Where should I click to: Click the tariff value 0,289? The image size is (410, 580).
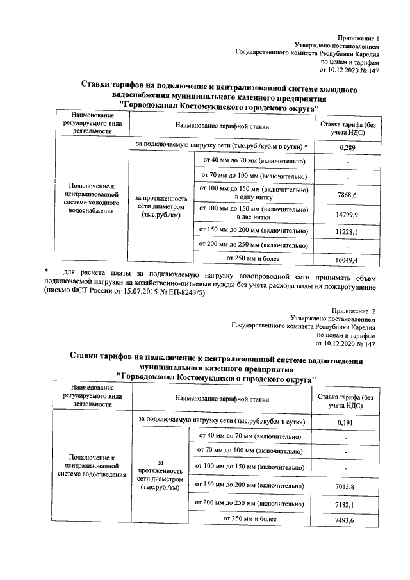(x=347, y=147)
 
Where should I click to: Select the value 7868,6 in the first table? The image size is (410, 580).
(x=347, y=194)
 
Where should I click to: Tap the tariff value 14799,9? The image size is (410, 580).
(x=347, y=215)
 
